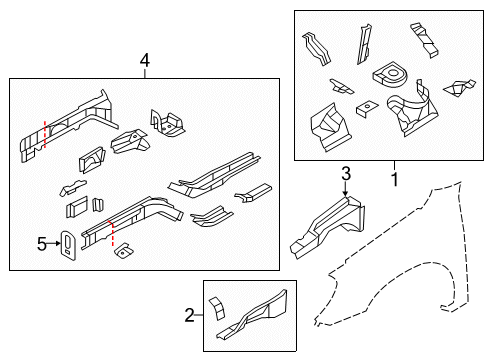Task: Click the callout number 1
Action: coord(394,180)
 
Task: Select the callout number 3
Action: coord(345,175)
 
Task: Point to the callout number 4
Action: coord(145,62)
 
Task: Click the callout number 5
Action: coord(42,243)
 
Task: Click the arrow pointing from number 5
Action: coord(54,243)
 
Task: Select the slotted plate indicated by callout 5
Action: coord(68,246)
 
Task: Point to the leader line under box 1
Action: coord(394,166)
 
